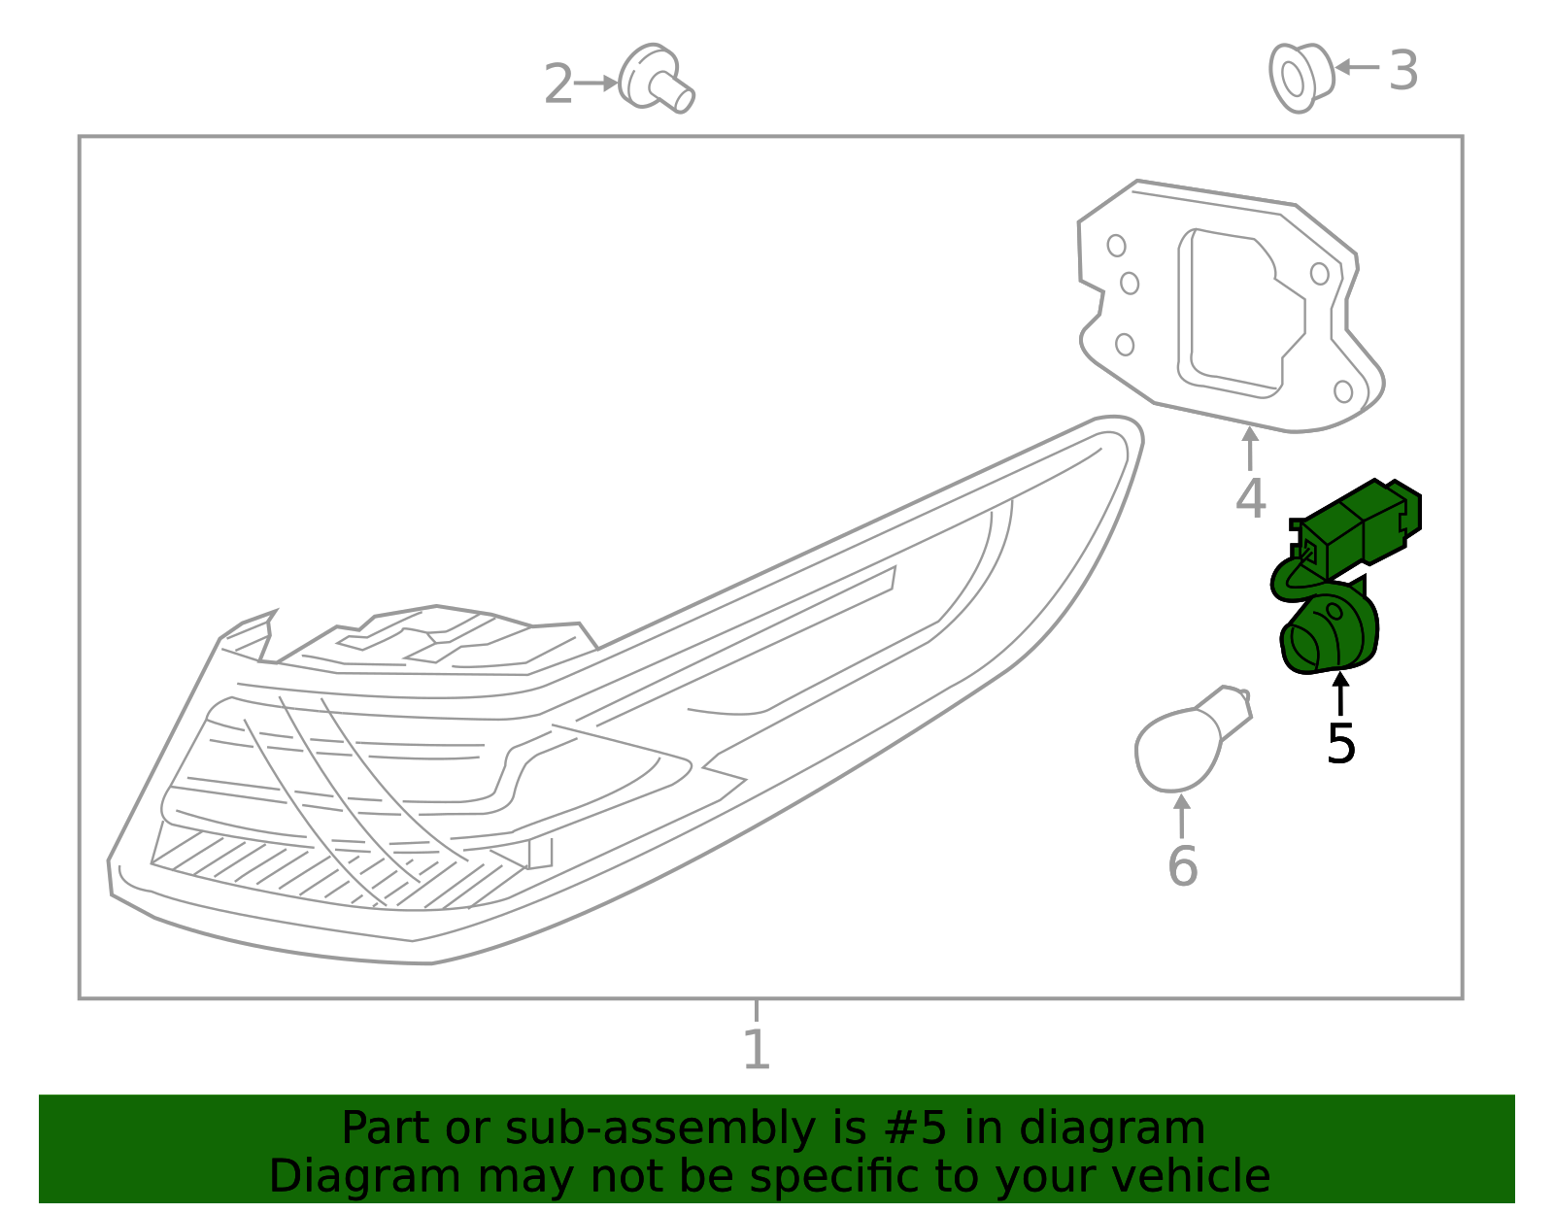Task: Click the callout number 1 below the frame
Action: point(756,1050)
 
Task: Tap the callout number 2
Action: point(558,84)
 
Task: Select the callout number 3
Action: point(1402,71)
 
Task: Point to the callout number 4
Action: point(1250,498)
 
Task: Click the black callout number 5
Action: point(1340,744)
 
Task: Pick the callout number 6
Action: point(1182,866)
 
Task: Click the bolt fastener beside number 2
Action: point(657,78)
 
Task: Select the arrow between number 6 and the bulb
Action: point(1182,816)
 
